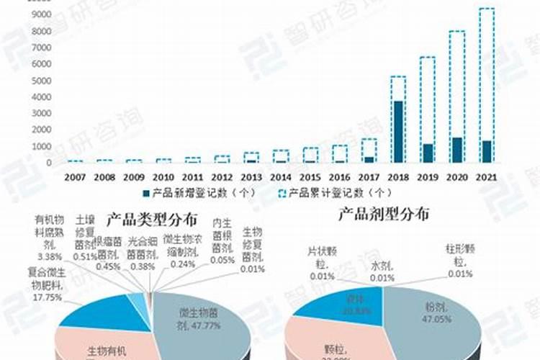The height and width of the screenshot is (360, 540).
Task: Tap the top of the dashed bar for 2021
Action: pos(486,9)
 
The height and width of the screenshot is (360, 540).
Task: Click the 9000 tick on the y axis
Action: pos(41,14)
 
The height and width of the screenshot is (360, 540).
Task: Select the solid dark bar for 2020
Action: pos(456,150)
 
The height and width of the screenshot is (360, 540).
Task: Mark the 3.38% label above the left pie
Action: pos(48,256)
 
